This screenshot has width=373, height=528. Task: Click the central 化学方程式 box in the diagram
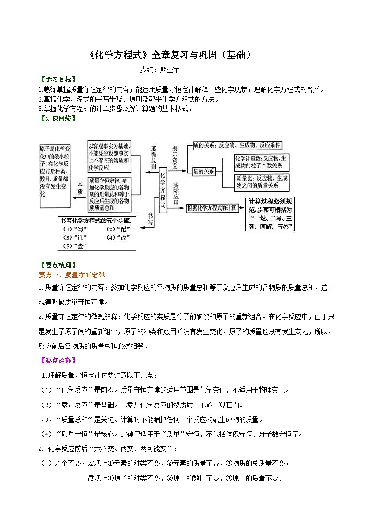click(x=163, y=190)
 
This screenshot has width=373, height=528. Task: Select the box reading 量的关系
click(x=203, y=172)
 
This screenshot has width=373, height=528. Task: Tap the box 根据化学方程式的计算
click(x=211, y=208)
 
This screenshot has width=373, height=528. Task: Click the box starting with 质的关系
click(x=237, y=146)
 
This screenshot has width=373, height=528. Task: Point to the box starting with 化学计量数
click(x=262, y=162)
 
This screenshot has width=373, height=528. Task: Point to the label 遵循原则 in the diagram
click(x=153, y=157)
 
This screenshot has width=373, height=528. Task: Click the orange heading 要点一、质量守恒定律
click(x=71, y=275)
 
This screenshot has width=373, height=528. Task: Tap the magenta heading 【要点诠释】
click(x=57, y=361)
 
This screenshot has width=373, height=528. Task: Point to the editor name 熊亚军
click(x=171, y=70)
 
